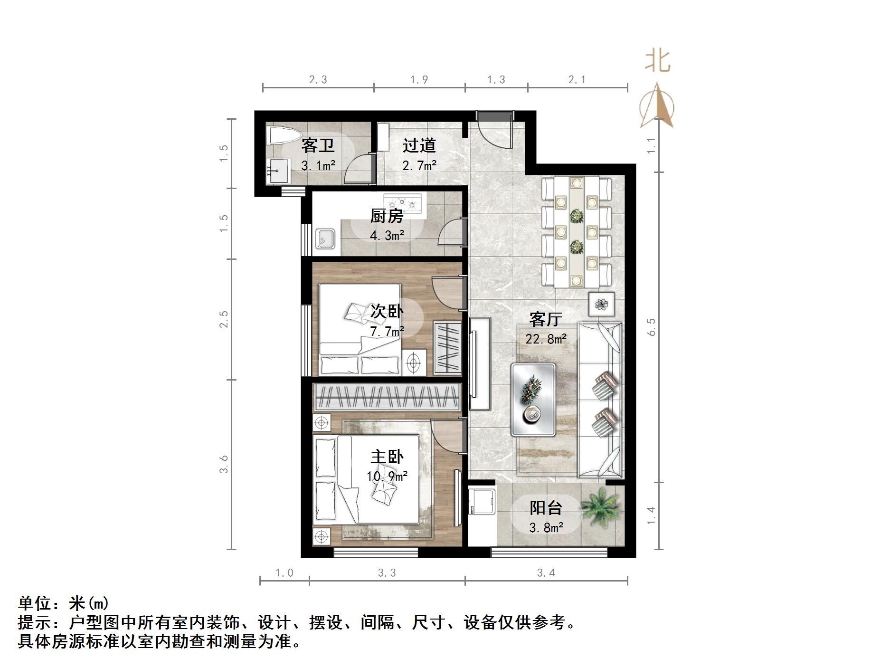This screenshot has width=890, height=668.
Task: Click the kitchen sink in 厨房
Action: click(x=325, y=239)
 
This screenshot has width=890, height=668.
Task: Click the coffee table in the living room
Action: click(x=533, y=400)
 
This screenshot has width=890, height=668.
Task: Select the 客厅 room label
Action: click(x=546, y=319)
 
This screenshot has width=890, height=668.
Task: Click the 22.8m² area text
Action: click(x=546, y=339)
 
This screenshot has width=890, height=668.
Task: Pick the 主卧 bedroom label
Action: click(x=387, y=457)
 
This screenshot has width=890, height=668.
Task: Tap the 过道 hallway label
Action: click(x=419, y=145)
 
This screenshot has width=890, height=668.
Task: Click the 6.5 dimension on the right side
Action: click(x=651, y=327)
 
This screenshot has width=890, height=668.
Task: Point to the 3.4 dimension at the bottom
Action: click(x=546, y=573)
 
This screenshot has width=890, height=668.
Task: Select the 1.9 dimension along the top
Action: click(x=419, y=79)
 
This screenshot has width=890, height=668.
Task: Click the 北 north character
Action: click(x=658, y=62)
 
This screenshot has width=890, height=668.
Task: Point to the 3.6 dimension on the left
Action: click(x=224, y=464)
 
